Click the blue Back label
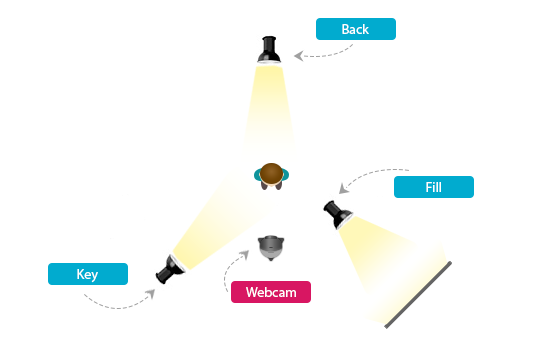[355, 29]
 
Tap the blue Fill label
[433, 187]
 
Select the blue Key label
[88, 274]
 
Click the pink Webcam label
[270, 292]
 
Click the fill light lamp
[336, 213]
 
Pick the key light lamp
[168, 268]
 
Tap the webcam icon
[271, 246]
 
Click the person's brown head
[271, 172]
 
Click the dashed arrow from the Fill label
[370, 172]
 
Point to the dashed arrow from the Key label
[125, 303]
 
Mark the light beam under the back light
[269, 110]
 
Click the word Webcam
[270, 292]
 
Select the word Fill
[433, 187]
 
